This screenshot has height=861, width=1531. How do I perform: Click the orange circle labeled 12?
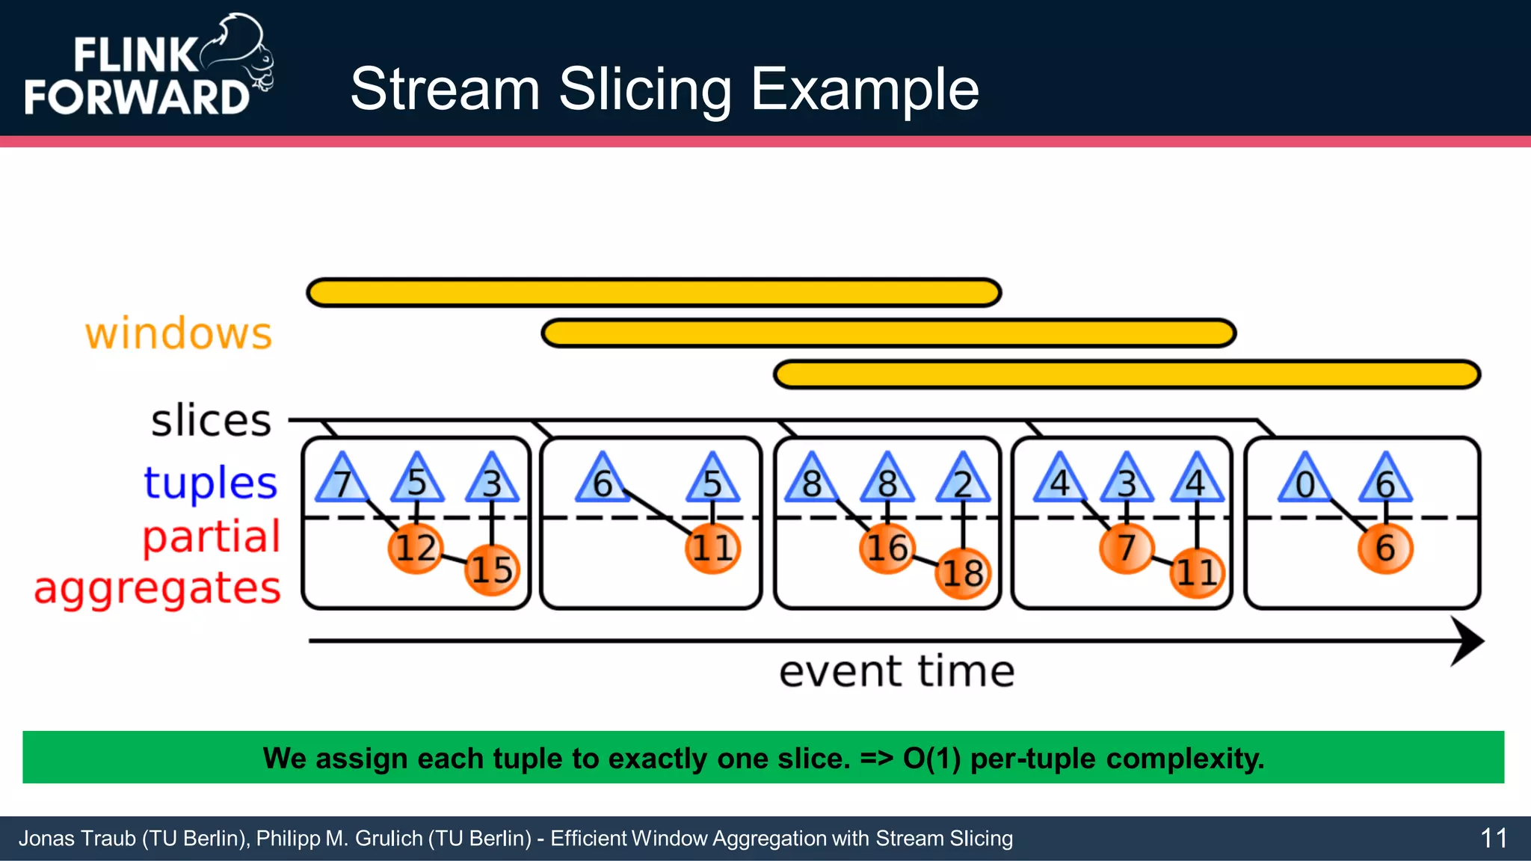coord(416,549)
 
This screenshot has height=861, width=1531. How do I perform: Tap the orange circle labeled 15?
coord(492,570)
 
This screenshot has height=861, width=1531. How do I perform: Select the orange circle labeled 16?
coord(887,549)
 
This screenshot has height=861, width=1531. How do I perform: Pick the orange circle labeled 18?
coord(963,574)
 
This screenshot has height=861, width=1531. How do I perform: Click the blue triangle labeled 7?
coord(342,481)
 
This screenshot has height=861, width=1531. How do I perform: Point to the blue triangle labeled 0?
coord(1305,481)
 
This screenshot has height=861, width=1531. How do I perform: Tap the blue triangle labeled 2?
coord(963,481)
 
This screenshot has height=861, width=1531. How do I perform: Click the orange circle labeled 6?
coord(1385,549)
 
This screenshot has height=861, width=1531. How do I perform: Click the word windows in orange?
coord(179,333)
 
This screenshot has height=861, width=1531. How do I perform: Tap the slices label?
coord(211,420)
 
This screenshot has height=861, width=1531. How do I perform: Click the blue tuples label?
coord(211,483)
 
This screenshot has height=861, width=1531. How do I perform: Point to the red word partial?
coord(212,537)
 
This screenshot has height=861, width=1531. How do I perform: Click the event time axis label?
coord(896,671)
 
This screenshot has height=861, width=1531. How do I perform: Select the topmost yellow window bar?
coord(654,292)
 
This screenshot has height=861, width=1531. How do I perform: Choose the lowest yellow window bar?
coord(1127,374)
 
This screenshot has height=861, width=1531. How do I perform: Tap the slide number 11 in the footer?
coord(1493,839)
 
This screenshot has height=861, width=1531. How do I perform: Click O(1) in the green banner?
coord(931,759)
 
